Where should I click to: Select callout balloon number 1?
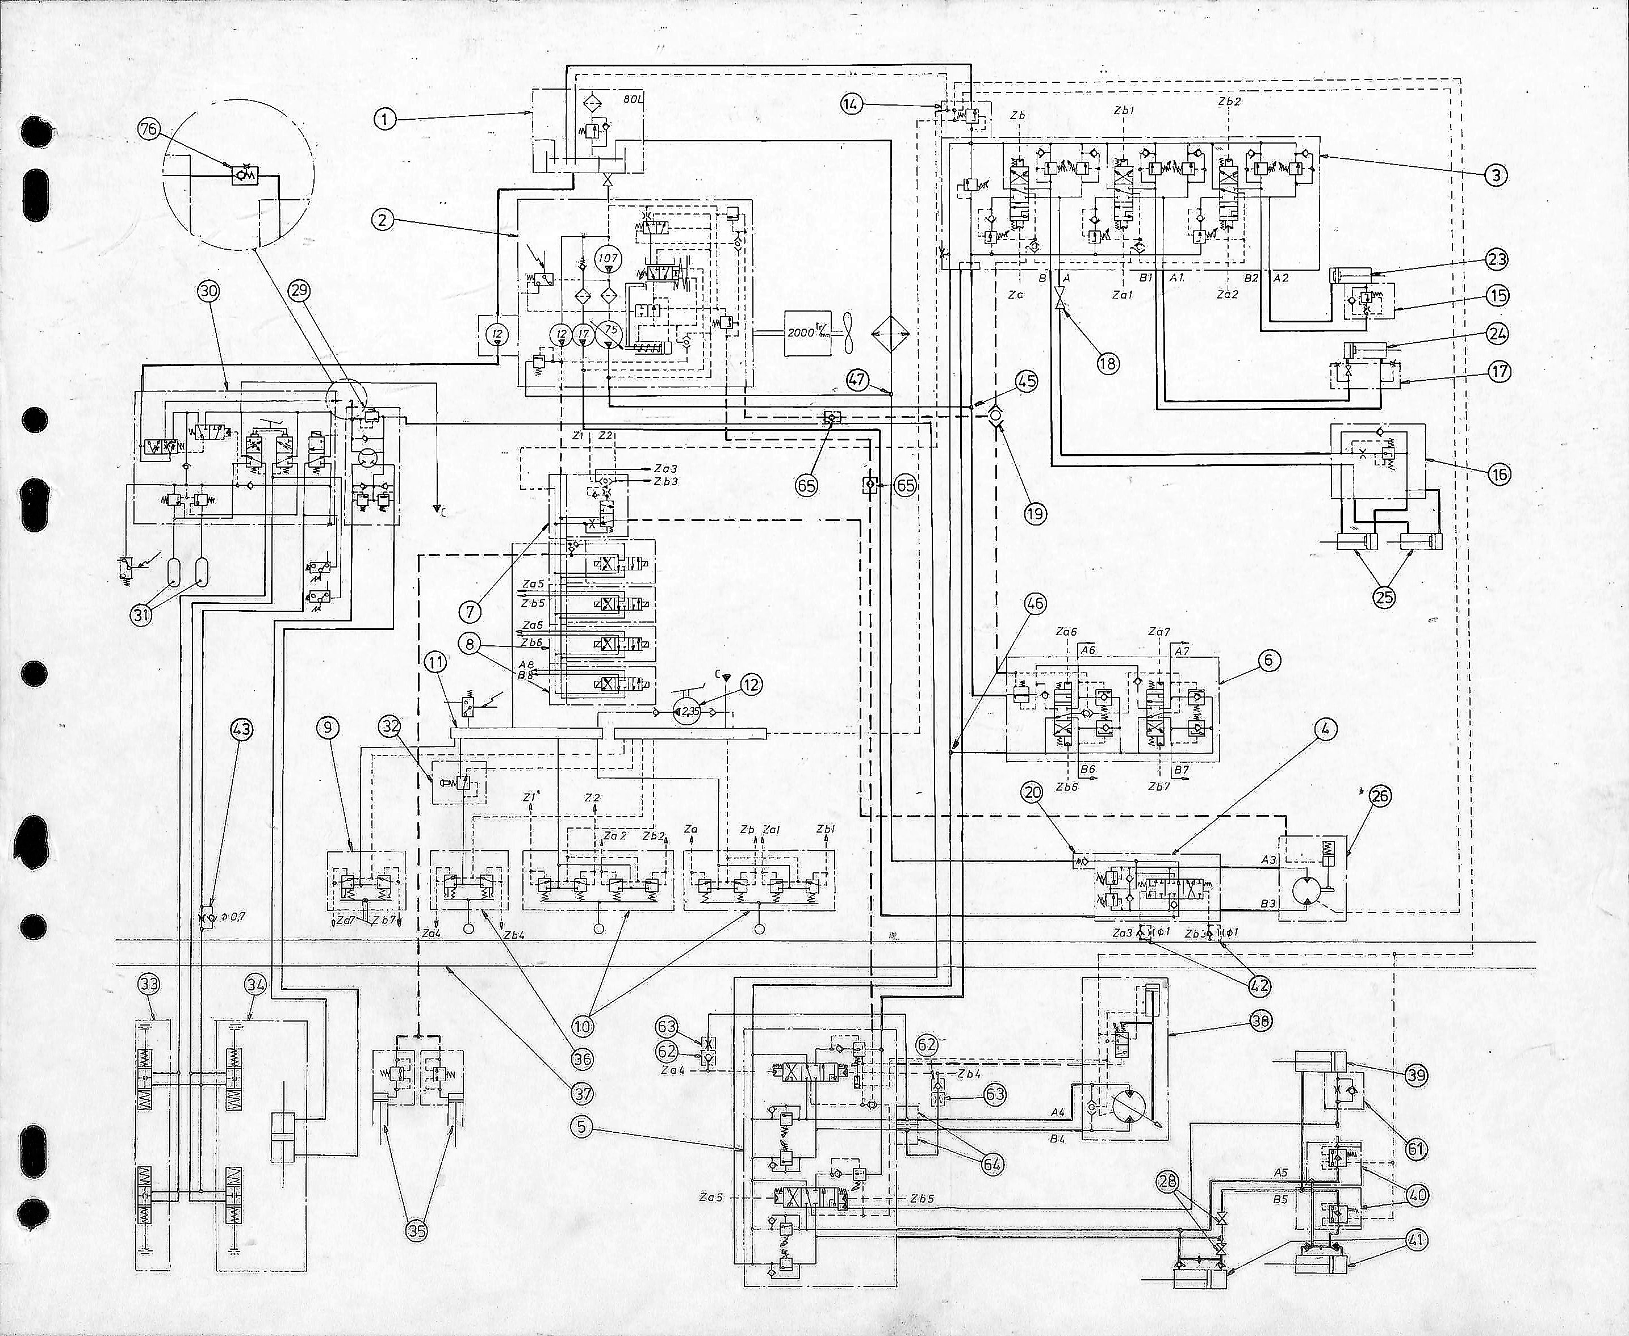click(x=385, y=119)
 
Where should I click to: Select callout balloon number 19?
click(x=1036, y=513)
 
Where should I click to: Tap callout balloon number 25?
click(x=1384, y=596)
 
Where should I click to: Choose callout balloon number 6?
click(x=1268, y=659)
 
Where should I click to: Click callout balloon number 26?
click(x=1380, y=796)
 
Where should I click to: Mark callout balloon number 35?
click(x=417, y=1230)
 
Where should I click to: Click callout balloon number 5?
click(x=581, y=1127)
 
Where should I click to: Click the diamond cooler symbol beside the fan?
click(x=890, y=334)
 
